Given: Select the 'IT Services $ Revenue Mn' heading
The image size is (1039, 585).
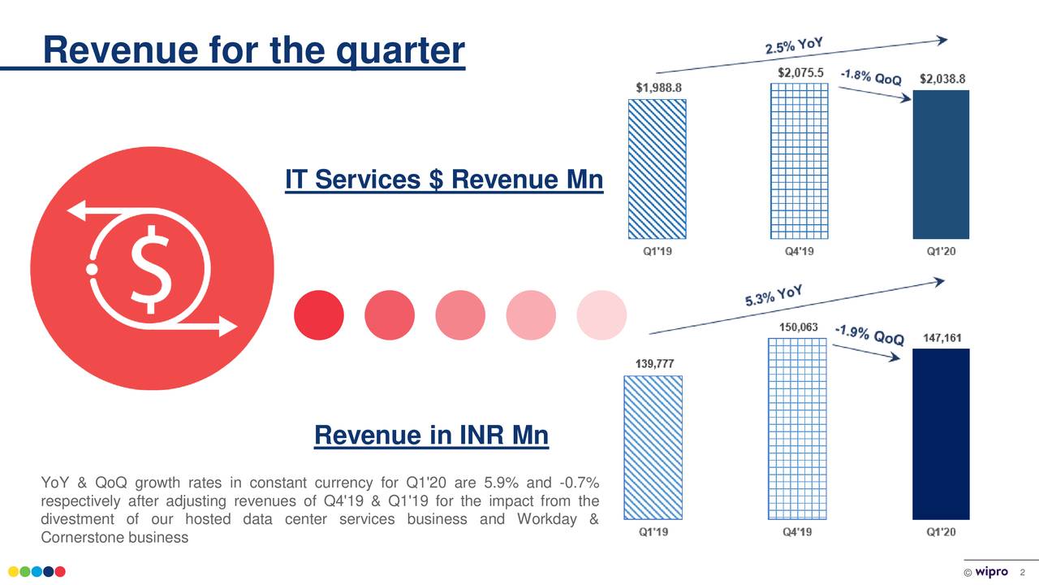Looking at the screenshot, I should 444,180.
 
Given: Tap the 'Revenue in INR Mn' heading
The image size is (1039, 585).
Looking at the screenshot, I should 431,436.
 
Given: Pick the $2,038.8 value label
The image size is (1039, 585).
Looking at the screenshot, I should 942,79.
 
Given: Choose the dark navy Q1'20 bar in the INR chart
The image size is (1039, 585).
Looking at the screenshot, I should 942,434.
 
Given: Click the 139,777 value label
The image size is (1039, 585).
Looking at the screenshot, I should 653,363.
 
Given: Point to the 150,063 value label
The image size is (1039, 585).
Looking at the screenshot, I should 799,327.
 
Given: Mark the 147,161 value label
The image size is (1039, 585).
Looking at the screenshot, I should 942,337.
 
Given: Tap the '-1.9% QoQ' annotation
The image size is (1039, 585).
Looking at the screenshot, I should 869,335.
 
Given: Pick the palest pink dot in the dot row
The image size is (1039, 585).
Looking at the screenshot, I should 601,314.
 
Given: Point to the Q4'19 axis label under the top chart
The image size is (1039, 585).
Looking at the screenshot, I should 800,252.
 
